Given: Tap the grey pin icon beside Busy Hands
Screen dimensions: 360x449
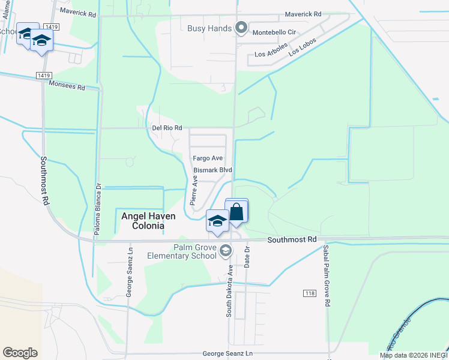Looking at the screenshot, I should (241, 28).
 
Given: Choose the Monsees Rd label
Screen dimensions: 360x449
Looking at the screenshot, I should (67, 86).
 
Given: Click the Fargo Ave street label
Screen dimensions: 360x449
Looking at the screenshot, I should (208, 158).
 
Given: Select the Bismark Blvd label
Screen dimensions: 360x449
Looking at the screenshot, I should (212, 170).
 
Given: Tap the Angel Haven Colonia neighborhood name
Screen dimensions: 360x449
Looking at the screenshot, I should (142, 220).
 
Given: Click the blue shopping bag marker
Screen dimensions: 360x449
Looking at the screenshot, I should (237, 212).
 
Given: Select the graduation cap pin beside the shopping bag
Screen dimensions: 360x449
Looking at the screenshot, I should (217, 221).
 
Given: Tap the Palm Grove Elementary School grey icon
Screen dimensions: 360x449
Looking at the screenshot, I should (226, 251).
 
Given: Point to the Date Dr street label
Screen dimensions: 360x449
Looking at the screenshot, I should (247, 256).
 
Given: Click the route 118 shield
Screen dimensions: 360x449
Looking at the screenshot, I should (309, 293).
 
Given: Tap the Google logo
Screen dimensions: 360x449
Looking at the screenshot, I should (20, 353).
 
